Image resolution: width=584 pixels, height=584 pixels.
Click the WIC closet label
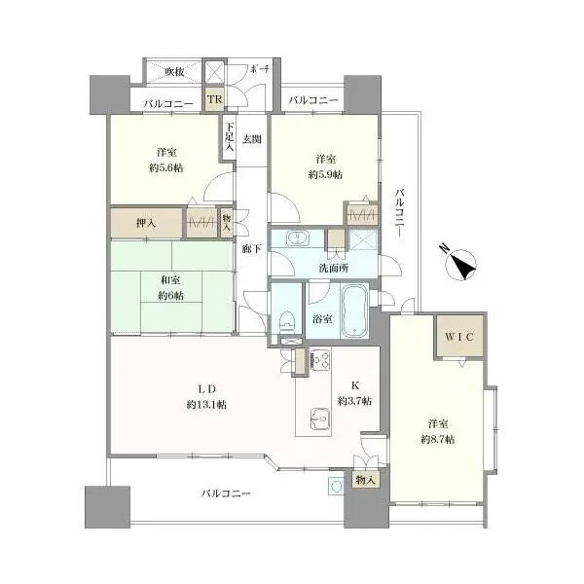(x=459, y=337)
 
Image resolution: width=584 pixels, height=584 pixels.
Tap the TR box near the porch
(x=214, y=99)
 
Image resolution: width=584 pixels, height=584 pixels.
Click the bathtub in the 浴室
(x=354, y=311)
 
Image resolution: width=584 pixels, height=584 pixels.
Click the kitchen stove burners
(x=319, y=359)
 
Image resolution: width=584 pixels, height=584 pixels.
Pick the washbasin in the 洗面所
(x=297, y=237)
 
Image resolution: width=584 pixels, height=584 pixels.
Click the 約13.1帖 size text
(x=206, y=405)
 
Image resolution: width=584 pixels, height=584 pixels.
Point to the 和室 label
(x=170, y=280)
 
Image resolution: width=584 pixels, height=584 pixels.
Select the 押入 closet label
(x=146, y=223)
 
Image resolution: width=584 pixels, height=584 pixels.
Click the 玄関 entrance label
(x=252, y=139)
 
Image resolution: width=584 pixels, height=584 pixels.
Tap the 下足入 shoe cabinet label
(x=229, y=136)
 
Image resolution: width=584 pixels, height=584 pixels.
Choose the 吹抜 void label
(x=174, y=71)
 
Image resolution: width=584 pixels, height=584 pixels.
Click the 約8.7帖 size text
(x=438, y=440)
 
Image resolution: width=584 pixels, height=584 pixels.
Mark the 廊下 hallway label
(x=251, y=249)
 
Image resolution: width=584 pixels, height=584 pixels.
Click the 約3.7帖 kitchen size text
(x=354, y=401)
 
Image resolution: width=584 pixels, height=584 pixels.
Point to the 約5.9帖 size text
(x=325, y=174)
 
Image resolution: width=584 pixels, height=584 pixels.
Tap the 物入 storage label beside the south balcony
(x=365, y=480)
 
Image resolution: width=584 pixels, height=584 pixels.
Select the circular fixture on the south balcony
(x=337, y=486)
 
